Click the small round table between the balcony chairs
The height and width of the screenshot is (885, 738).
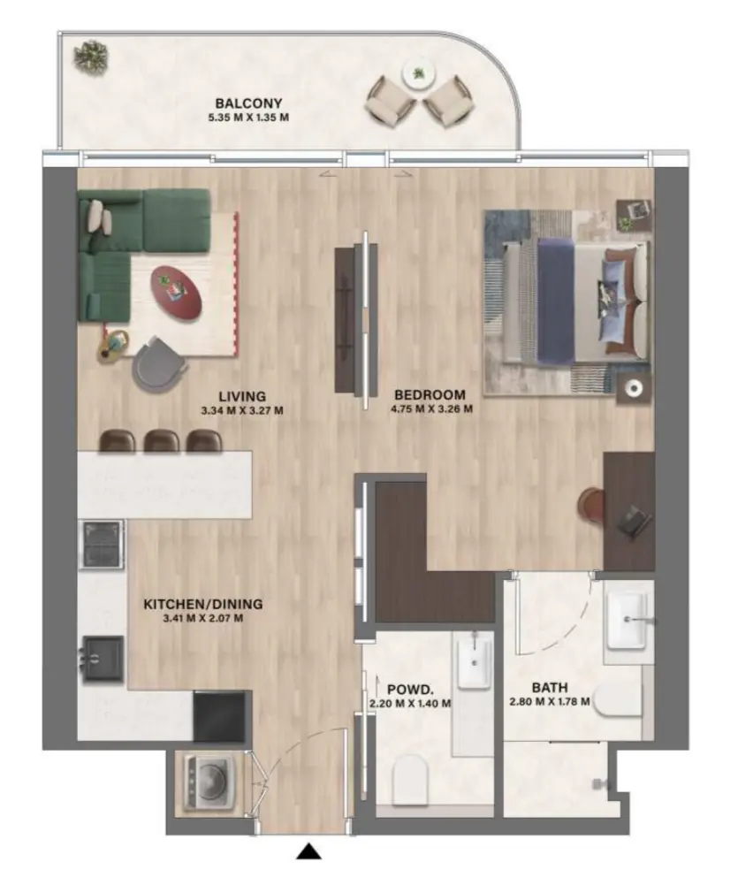[x=417, y=73]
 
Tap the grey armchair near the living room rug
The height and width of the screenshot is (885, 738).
[x=160, y=362]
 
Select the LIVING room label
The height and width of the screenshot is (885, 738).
[x=244, y=396]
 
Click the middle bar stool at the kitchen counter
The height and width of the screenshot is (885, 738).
[x=162, y=440]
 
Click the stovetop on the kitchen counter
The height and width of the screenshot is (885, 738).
[x=103, y=543]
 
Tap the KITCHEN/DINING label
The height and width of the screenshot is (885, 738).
[x=203, y=605]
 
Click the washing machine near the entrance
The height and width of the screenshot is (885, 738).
[x=209, y=781]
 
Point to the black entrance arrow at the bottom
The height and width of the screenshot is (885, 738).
[x=308, y=851]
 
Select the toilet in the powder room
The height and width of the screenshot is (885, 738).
[x=408, y=780]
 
